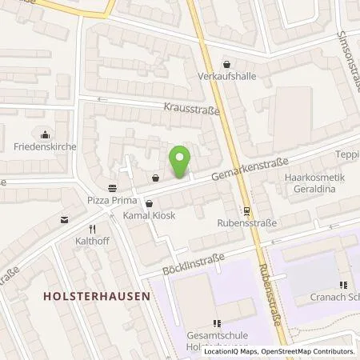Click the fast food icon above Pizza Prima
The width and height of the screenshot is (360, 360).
pyautogui.click(x=111, y=188)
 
